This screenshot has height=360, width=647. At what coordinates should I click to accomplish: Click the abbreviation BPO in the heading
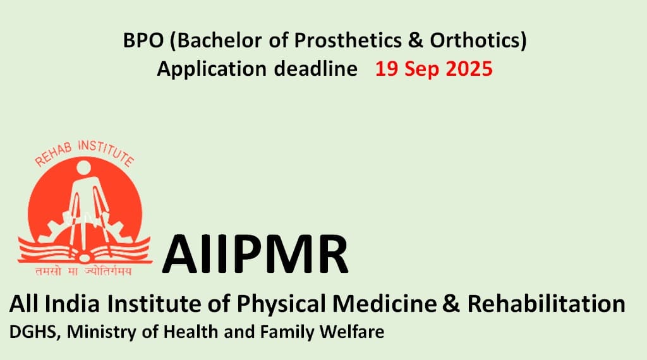click(x=143, y=40)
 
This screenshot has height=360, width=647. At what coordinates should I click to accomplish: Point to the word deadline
click(x=316, y=68)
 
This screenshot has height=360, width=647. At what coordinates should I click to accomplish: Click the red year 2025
click(x=469, y=68)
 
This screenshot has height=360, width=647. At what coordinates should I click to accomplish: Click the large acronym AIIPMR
click(x=255, y=254)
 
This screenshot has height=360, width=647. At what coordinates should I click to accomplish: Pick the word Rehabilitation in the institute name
click(x=546, y=304)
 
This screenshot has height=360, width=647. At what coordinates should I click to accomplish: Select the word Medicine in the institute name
click(x=384, y=304)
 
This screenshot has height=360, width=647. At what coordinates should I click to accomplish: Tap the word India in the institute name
click(x=72, y=304)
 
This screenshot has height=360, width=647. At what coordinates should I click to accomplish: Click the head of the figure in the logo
click(x=83, y=167)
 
